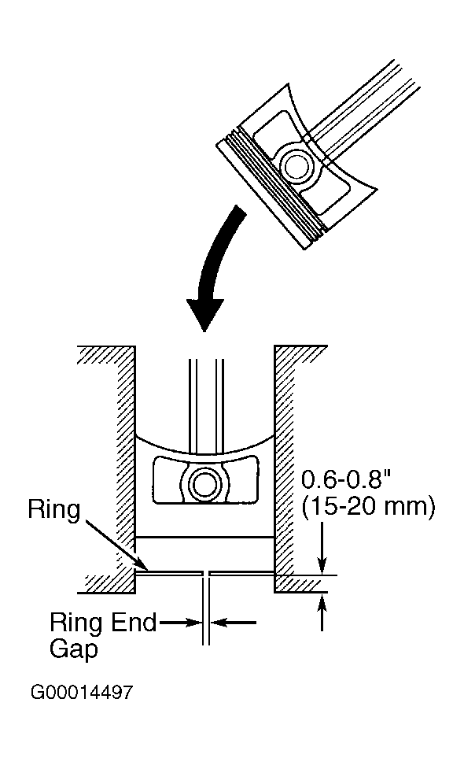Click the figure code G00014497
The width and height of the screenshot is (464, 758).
[81, 692]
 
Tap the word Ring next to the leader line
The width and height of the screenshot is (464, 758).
[53, 509]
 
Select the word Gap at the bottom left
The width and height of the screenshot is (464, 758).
[74, 649]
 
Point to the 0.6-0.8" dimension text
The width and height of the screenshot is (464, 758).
[345, 479]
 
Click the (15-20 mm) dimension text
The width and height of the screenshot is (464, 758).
[368, 507]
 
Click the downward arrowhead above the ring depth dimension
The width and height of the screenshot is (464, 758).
[322, 564]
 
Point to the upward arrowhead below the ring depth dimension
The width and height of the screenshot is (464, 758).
[322, 605]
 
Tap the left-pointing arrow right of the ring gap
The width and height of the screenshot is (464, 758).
[234, 622]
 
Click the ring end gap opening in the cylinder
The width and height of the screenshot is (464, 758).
[206, 573]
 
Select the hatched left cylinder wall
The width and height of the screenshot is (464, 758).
[116, 469]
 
